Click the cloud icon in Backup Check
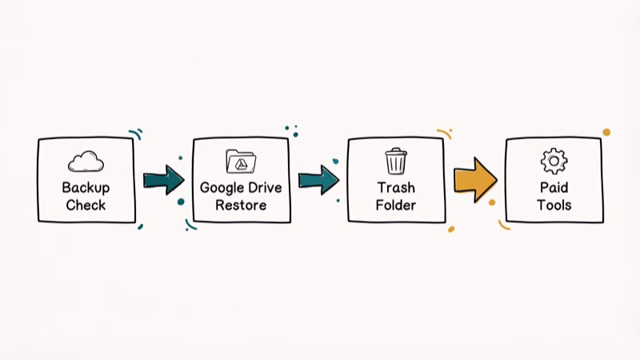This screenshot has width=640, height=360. (86, 162)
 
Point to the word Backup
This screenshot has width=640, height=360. (86, 189)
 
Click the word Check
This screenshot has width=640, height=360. (86, 206)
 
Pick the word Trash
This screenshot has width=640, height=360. (396, 189)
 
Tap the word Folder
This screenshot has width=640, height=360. (396, 206)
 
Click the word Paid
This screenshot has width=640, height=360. (553, 189)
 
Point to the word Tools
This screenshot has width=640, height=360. (553, 206)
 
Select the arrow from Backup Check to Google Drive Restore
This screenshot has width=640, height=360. (163, 178)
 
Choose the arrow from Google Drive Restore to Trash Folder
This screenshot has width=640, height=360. (318, 178)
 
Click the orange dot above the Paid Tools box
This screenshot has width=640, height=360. (606, 132)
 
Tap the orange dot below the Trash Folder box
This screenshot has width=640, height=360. (451, 229)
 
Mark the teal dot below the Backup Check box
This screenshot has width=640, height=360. (140, 226)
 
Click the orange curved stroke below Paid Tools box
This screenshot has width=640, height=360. (504, 226)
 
